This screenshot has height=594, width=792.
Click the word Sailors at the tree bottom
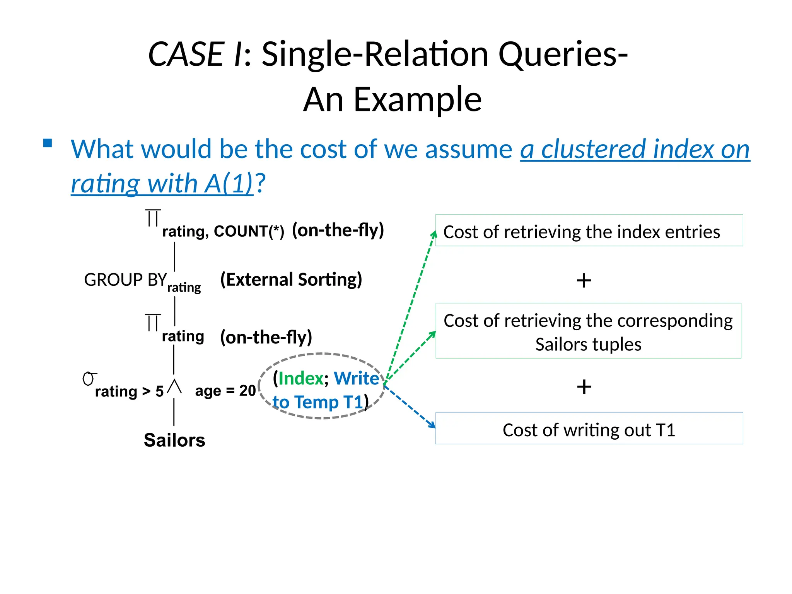coord(174,440)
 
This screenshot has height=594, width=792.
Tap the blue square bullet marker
coord(48,143)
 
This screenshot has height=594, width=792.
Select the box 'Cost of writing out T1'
coord(589,428)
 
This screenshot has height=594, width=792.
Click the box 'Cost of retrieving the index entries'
coord(589,230)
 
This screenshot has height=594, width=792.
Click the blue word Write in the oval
coord(356,378)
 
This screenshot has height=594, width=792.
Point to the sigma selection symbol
coord(89,379)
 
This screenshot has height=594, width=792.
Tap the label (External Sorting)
coord(291,280)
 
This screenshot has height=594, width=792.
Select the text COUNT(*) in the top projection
coord(249,231)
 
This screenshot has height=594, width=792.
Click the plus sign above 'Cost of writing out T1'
coord(584,387)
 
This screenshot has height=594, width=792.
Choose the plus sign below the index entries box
coord(584,280)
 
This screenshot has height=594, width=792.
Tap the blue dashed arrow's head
coord(432,425)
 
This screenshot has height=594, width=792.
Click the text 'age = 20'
coord(225,391)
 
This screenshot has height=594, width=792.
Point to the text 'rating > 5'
coord(129,391)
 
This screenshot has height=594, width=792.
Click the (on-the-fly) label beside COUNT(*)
coord(338,230)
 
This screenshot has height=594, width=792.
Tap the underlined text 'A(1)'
coord(229,183)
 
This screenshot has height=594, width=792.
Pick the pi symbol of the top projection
coord(153,218)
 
